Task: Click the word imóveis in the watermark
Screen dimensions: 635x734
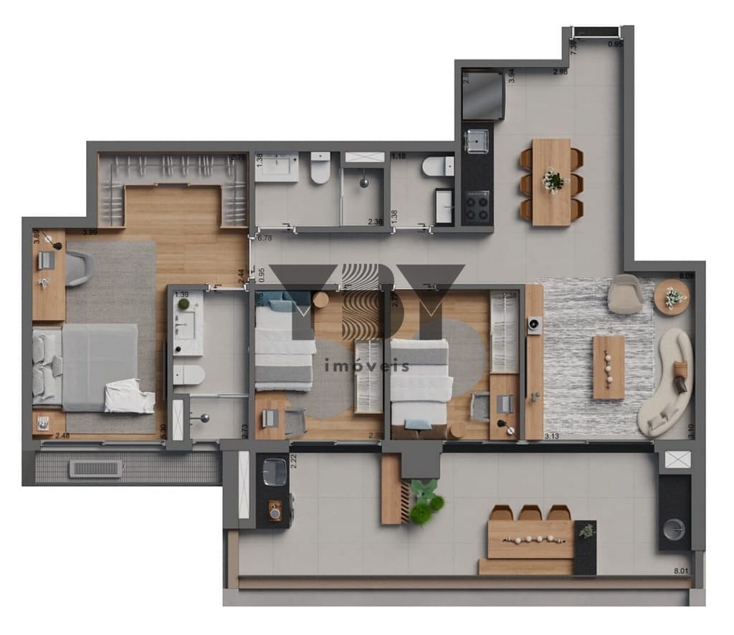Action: coord(367,366)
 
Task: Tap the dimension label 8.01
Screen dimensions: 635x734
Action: coord(682,571)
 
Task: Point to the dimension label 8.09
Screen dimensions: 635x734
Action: coord(687,275)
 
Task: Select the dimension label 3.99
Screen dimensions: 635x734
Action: coord(90,232)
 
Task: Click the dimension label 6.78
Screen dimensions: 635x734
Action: coord(264,238)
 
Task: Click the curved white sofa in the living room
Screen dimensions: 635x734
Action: coord(669,383)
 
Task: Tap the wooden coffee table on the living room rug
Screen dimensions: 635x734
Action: coord(609,367)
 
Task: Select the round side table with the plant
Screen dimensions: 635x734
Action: coord(672,297)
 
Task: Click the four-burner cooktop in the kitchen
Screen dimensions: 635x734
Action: coord(477,208)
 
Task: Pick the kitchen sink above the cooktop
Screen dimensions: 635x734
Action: coord(477,143)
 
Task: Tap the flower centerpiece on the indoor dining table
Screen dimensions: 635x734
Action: coord(553,180)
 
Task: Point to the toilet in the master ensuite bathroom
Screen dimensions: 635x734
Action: coord(189,375)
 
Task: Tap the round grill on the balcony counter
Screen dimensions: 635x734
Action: coord(674,530)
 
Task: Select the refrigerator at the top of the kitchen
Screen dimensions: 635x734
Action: coord(482,95)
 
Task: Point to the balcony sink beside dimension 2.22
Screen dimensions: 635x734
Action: coord(273,471)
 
